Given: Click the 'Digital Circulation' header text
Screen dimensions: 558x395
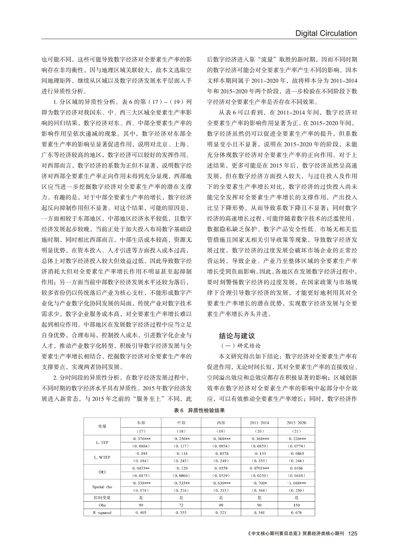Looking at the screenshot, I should (326, 33).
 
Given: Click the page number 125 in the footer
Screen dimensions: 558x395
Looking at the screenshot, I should (353, 534).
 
